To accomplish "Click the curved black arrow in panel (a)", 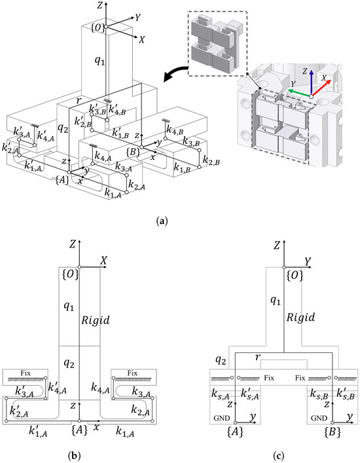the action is tap(174, 74).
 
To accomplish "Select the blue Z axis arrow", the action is tap(312, 84).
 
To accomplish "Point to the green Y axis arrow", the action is tap(299, 93).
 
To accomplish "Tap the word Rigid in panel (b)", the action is tap(95, 320).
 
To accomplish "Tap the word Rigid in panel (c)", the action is tap(300, 317).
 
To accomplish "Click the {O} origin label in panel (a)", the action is tap(98, 28).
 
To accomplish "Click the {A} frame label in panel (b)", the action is tap(80, 430).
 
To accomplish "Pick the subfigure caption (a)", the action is tap(162, 221).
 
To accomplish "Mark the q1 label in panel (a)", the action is tap(99, 60).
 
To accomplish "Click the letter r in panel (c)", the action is tap(257, 358).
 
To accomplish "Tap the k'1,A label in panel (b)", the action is tap(38, 431).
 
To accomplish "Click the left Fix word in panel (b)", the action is tap(26, 373).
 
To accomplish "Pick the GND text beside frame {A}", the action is tap(221, 418).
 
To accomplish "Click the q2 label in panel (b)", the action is tap(69, 364).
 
